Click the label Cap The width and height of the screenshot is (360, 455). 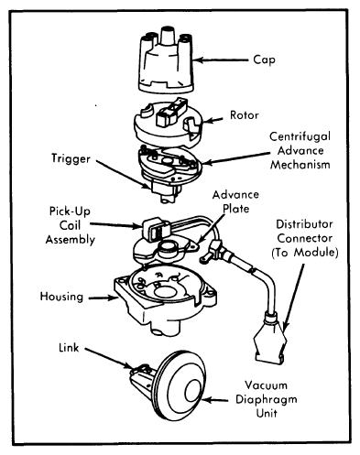(264, 60)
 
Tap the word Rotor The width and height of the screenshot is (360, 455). (245, 115)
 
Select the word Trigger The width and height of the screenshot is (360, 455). (71, 159)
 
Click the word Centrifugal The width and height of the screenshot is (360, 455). (300, 136)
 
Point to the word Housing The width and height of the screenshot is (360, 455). (61, 297)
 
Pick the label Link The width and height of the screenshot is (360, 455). (69, 348)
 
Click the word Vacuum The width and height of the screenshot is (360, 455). (266, 385)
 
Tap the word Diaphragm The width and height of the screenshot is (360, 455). (267, 400)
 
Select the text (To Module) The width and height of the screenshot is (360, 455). (305, 253)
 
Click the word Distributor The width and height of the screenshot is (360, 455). (304, 224)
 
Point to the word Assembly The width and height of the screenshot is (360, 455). (71, 240)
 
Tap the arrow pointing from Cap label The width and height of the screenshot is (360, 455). (221, 60)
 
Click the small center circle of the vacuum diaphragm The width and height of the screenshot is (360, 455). (193, 392)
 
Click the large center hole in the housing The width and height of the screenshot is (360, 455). (167, 292)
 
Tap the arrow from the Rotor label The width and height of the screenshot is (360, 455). (213, 120)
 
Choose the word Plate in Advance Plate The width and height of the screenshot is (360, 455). (235, 209)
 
